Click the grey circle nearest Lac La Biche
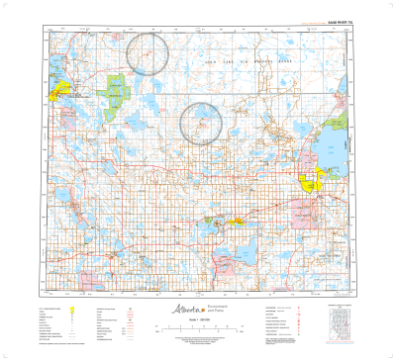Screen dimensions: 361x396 pos(149,50)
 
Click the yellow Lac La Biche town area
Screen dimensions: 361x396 pos(59,91)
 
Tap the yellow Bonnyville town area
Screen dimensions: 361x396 pos(239,220)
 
